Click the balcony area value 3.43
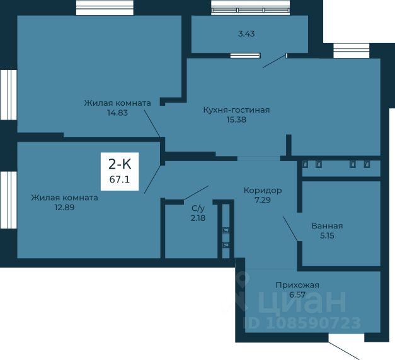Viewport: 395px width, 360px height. tap(246, 34)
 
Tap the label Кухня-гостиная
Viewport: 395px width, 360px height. tap(236, 110)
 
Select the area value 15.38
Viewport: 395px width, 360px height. tap(236, 120)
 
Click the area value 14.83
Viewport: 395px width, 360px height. tap(117, 113)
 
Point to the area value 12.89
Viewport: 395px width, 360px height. tap(64, 208)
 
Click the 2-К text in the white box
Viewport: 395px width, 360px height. tap(120, 164)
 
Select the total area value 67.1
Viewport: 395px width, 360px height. tap(120, 179)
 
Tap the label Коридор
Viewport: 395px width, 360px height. tap(263, 191)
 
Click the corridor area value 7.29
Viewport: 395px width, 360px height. tap(263, 200)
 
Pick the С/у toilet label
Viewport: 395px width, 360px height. tap(198, 208)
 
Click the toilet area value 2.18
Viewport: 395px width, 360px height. tap(198, 218)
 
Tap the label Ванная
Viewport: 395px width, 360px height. tap(327, 226)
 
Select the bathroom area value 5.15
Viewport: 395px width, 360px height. tap(327, 235)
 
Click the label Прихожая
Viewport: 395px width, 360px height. tap(297, 285)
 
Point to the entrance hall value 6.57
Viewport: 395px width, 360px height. tap(297, 295)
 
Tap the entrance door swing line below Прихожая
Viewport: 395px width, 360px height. tap(343, 351)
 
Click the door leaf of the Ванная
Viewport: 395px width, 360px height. tap(290, 228)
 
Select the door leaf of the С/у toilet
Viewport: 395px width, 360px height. tap(196, 193)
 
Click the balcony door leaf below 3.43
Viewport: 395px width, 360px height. tap(275, 60)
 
